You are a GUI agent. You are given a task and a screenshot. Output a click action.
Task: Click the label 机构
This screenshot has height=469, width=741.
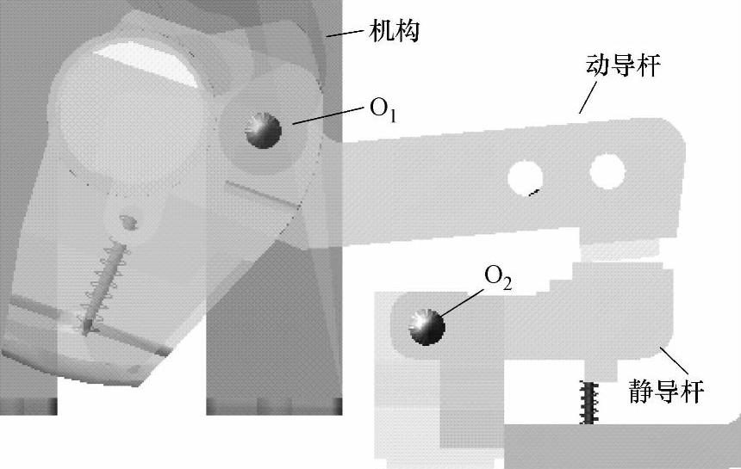(395, 31)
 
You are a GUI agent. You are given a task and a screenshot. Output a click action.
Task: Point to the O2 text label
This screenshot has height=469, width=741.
(498, 277)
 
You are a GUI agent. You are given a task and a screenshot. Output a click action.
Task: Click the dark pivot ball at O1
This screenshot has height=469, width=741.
(264, 131)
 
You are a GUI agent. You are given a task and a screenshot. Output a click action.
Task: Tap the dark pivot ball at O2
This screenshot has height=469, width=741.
(426, 327)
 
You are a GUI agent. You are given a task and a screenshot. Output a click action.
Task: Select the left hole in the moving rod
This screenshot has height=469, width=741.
(525, 177)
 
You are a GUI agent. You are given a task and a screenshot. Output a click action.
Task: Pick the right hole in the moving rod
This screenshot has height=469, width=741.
(607, 170)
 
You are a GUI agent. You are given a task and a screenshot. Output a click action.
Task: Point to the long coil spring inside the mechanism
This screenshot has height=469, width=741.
(103, 284)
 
